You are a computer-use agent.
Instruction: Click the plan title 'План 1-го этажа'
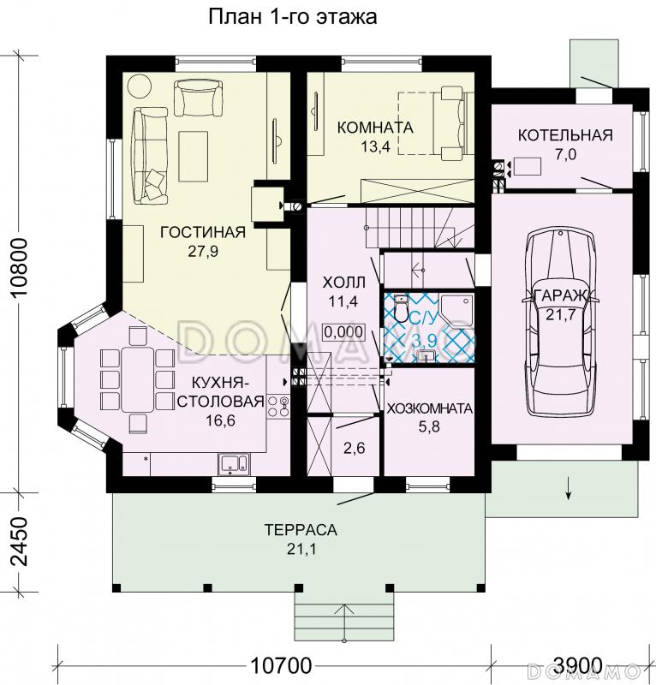[x=292, y=17]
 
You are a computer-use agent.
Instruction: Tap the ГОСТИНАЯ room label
[x=203, y=232]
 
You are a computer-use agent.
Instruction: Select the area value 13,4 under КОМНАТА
[x=375, y=146]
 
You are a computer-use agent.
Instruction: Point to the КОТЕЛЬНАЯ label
[x=565, y=135]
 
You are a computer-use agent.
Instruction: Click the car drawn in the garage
[x=562, y=324]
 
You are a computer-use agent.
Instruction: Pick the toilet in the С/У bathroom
[x=400, y=307]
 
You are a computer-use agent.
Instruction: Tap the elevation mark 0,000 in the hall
[x=343, y=332]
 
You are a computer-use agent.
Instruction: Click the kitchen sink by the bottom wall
[x=234, y=464]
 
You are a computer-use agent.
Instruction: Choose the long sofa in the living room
[x=151, y=156]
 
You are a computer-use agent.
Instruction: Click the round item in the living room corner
[x=140, y=86]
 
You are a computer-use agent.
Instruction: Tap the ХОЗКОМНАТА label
[x=430, y=408]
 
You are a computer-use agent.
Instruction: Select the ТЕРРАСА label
[x=301, y=529]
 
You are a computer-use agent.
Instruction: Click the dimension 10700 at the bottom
[x=281, y=666]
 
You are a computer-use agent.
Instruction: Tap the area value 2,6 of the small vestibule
[x=355, y=448]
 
